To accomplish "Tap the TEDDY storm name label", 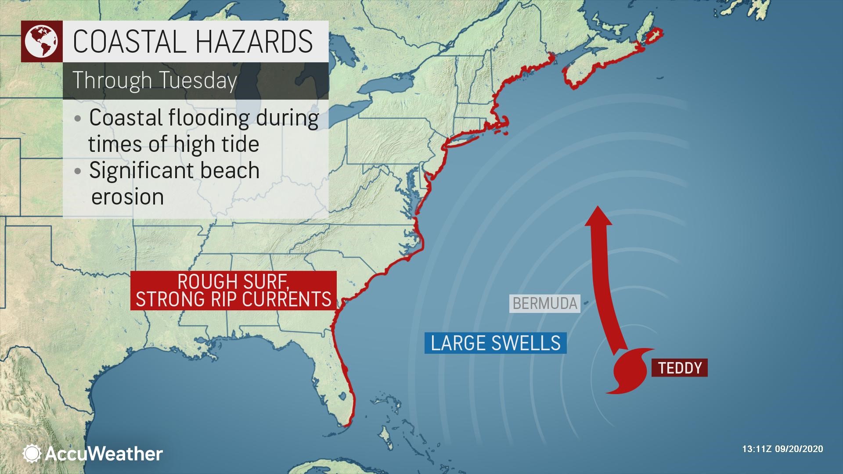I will (680, 368).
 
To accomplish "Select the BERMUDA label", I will (544, 303).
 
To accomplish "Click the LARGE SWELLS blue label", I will (495, 343).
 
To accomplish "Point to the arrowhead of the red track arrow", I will (598, 216).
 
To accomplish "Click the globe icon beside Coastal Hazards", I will (41, 41).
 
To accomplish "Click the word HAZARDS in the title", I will (253, 42).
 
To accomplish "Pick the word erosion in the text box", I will (127, 196).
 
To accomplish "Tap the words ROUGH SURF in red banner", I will (234, 281).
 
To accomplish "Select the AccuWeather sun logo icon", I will (32, 453).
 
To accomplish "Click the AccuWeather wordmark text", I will (104, 453).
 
